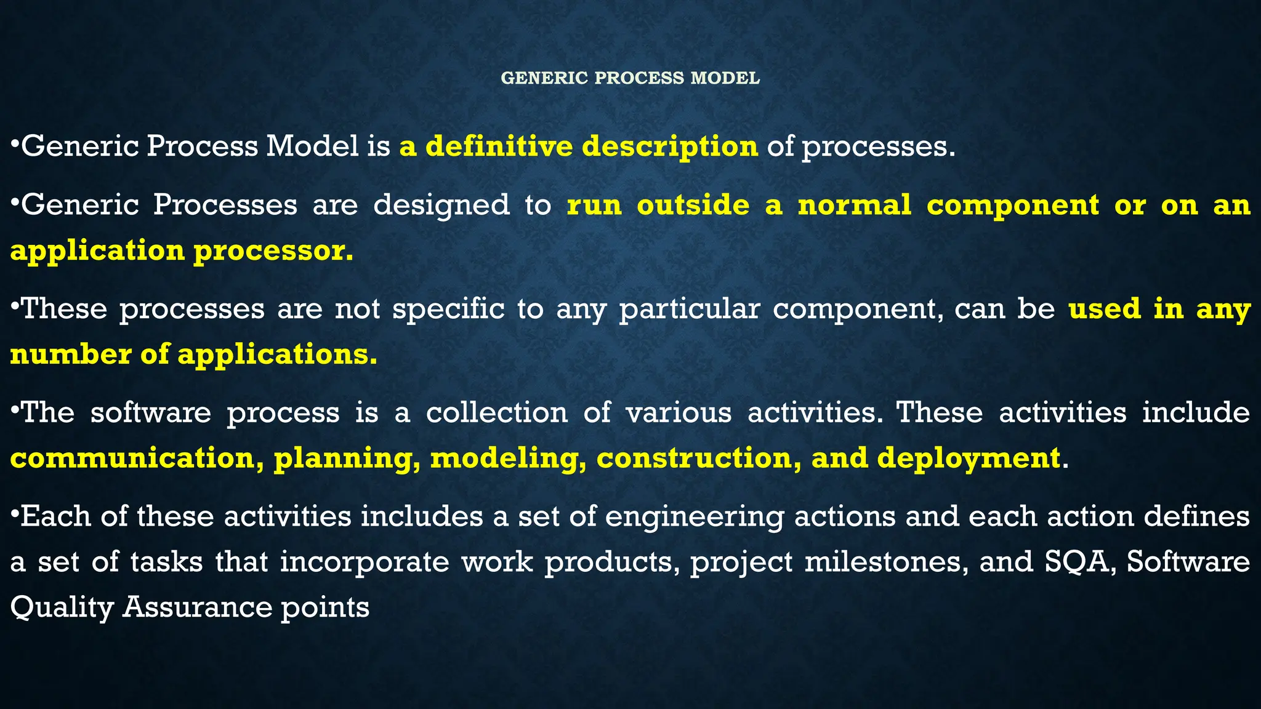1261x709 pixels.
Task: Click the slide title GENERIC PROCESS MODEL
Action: [x=630, y=78]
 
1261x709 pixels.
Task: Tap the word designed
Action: [x=441, y=205]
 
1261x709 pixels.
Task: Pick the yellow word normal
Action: [x=854, y=205]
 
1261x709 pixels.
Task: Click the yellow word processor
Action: [x=273, y=251]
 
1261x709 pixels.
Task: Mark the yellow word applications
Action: [x=277, y=354]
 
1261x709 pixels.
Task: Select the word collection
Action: [x=497, y=412]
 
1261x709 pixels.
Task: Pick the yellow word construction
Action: [x=699, y=458]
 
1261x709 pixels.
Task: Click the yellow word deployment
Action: [x=969, y=458]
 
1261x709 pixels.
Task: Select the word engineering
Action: [x=694, y=516]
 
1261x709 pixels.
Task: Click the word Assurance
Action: [x=197, y=607]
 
